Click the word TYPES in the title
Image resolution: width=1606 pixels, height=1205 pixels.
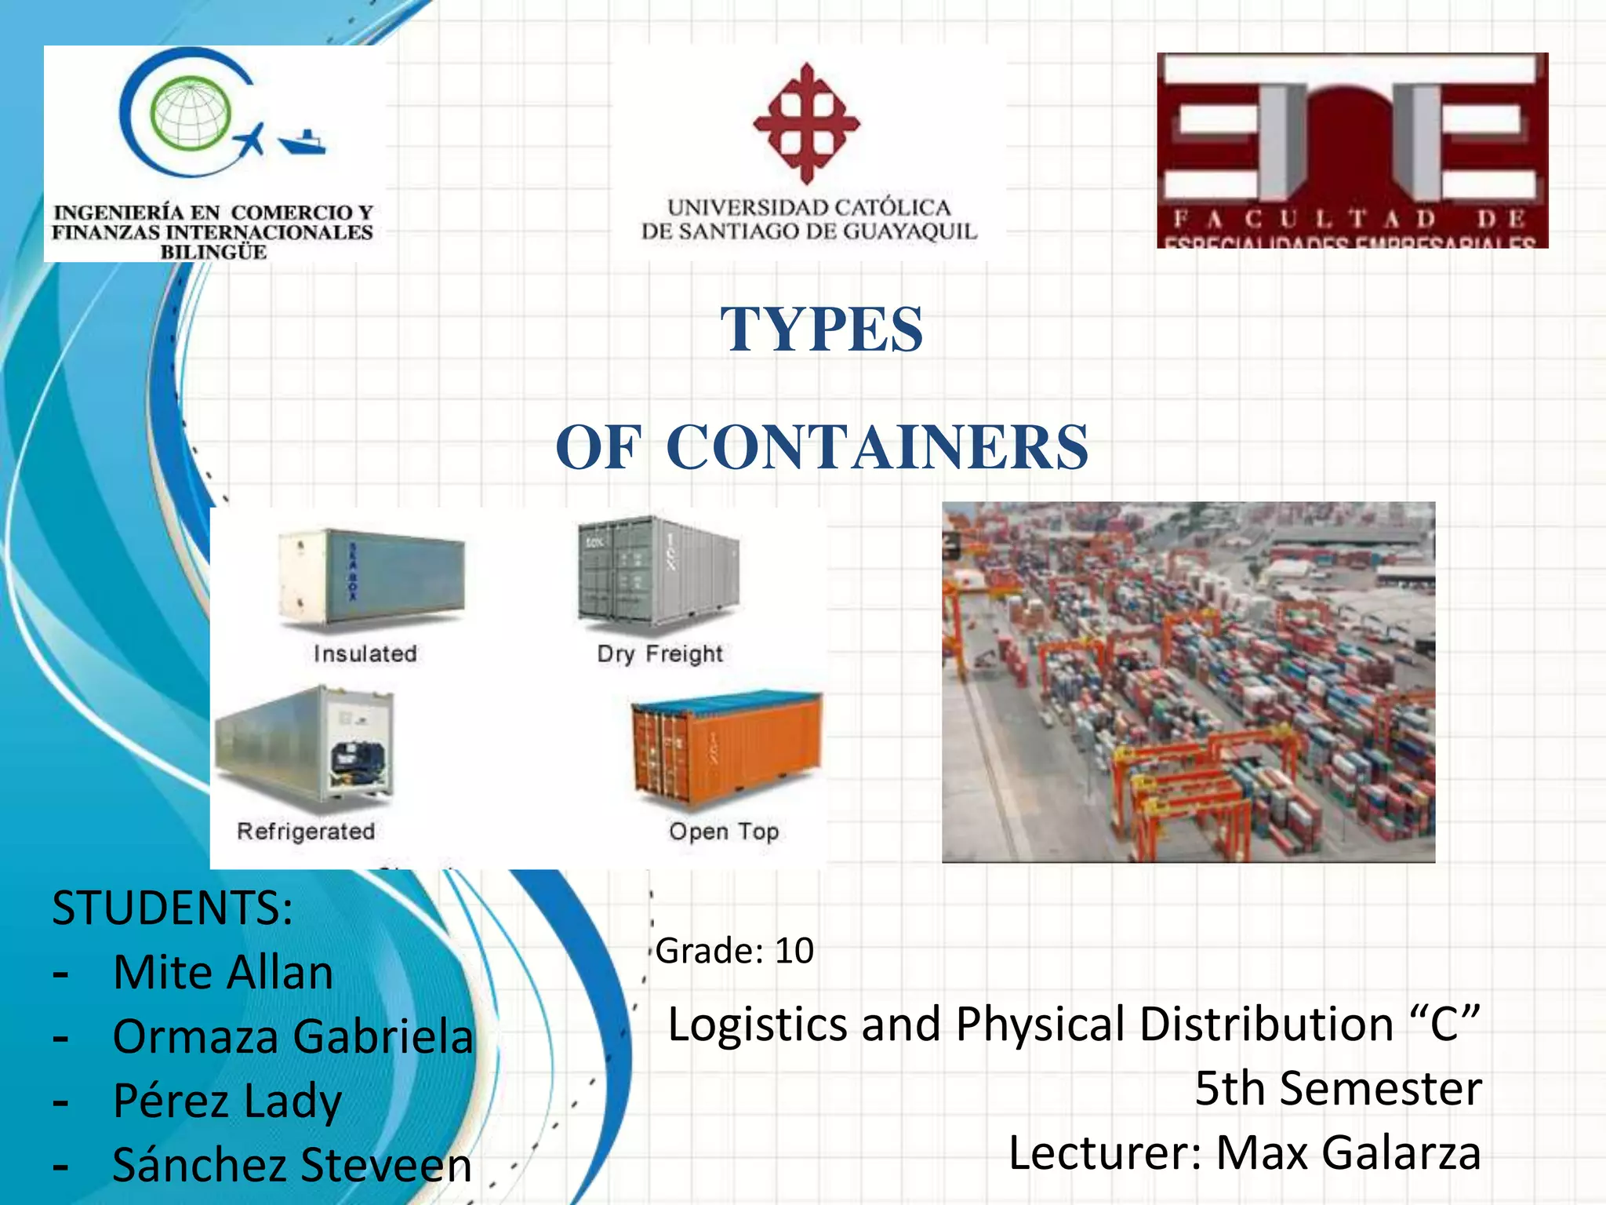click(822, 329)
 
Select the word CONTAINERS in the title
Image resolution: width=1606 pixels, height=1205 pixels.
click(877, 447)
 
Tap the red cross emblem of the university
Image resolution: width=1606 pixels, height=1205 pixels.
click(807, 123)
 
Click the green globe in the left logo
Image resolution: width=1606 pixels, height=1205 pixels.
click(191, 115)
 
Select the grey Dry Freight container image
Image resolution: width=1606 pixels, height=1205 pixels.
click(659, 573)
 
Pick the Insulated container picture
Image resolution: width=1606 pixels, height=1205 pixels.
click(372, 578)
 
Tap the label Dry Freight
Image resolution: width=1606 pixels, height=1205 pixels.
click(659, 653)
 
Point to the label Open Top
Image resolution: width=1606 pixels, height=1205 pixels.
click(724, 832)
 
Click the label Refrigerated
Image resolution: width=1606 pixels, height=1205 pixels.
click(306, 832)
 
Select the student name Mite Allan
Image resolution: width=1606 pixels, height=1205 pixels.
click(223, 973)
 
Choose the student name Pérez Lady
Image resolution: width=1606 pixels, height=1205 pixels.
click(227, 1101)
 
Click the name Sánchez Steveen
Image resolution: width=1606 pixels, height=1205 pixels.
click(292, 1165)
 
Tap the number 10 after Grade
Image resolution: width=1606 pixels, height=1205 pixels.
click(794, 951)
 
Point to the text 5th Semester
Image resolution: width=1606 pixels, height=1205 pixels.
click(1338, 1089)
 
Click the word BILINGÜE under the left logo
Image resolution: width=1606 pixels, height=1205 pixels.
click(213, 253)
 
